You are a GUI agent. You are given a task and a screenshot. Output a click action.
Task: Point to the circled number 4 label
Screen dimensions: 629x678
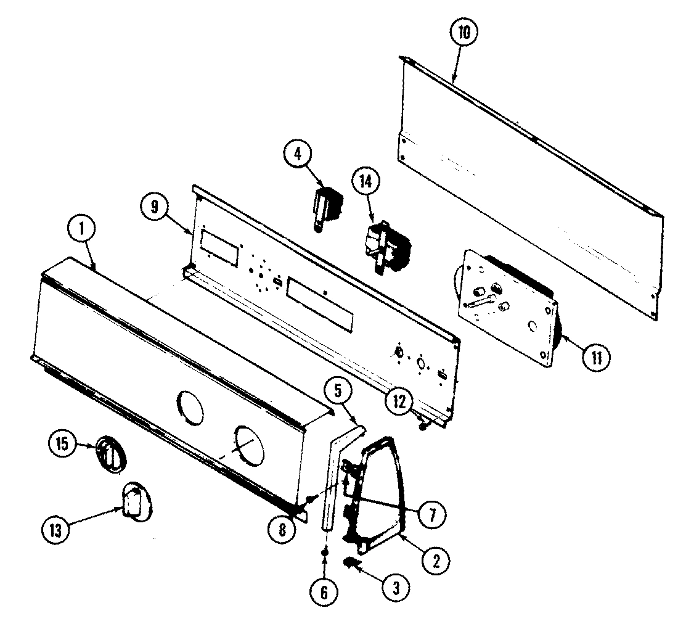(x=298, y=154)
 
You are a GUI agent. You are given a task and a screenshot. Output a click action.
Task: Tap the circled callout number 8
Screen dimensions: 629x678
(x=283, y=529)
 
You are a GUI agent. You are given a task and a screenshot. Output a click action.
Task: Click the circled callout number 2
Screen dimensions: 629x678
(x=436, y=562)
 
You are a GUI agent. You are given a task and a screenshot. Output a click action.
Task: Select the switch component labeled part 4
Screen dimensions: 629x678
(x=327, y=207)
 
